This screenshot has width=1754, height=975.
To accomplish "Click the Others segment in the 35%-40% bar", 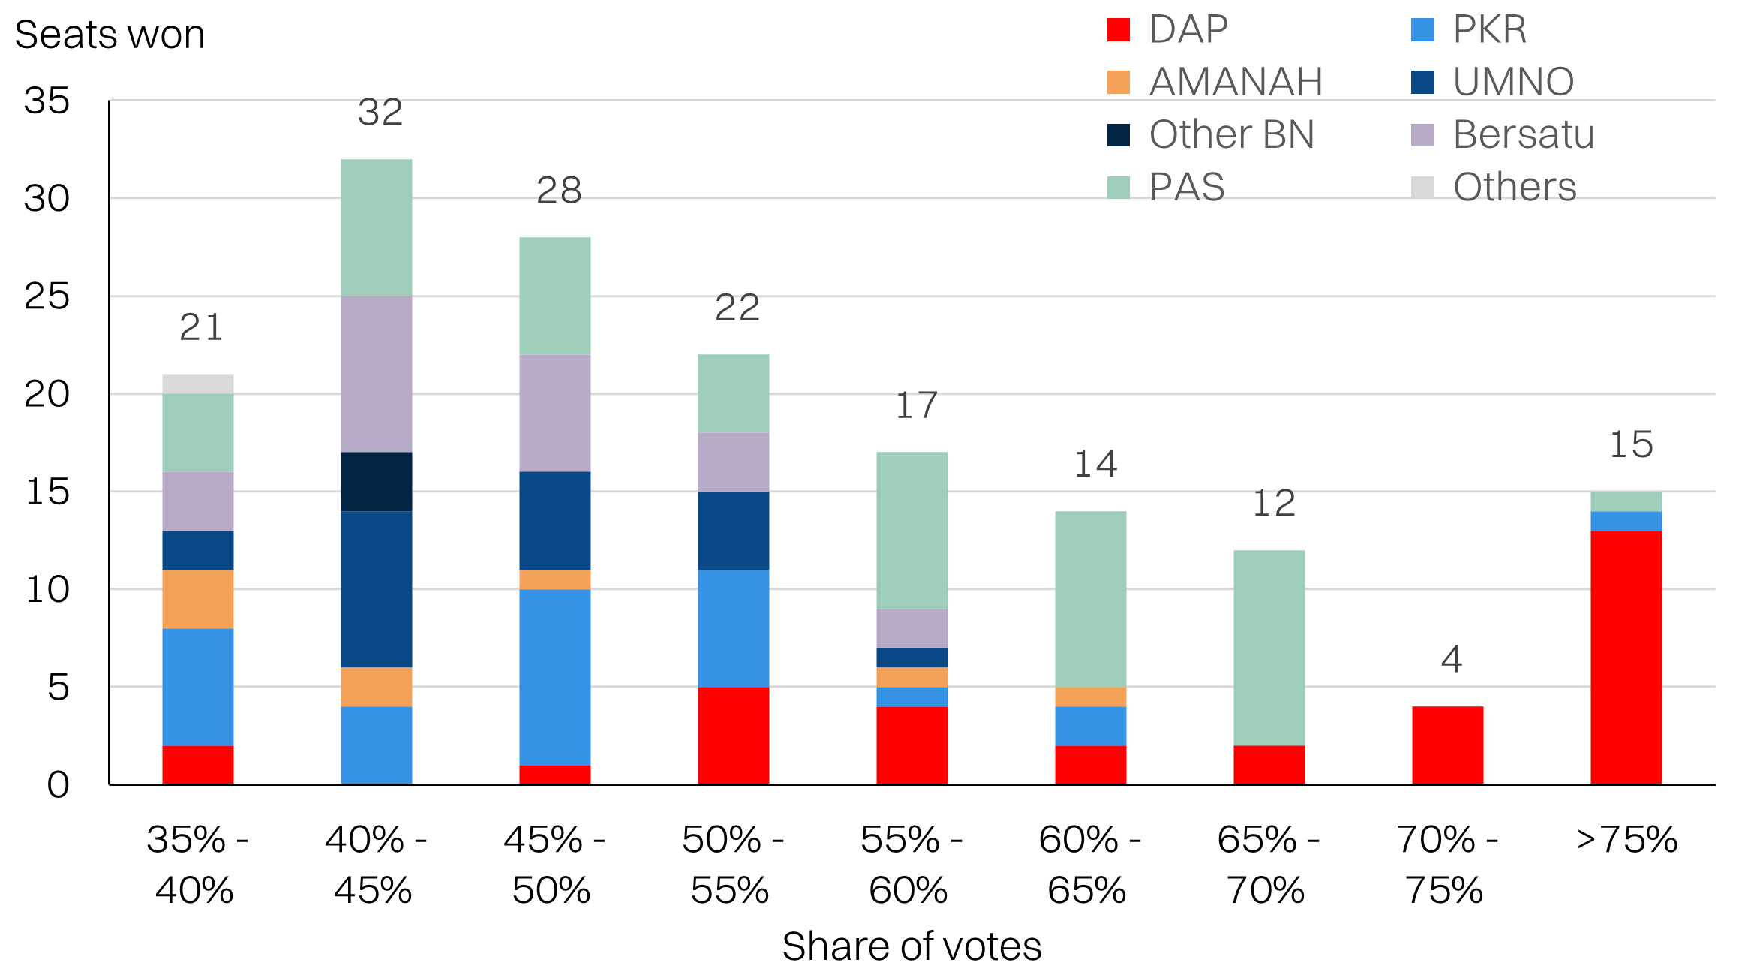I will pos(197,384).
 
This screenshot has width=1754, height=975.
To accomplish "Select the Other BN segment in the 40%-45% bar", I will pos(376,481).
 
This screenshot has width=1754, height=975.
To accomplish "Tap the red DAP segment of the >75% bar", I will pos(1626,658).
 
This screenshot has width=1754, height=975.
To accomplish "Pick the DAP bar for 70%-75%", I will pos(1447,745).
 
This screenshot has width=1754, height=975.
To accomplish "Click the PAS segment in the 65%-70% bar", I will pos(1269,647).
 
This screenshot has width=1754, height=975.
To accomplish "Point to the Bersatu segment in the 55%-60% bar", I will pos(912,628).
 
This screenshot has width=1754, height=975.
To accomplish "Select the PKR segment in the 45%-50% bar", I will pos(554,677).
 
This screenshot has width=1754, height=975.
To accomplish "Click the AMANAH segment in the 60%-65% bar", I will pos(1090,697).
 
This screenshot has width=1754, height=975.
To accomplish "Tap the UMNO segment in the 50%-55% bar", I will pos(733,531).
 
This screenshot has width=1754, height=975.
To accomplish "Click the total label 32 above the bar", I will pos(380,113).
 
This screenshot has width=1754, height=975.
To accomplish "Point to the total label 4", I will pos(1451,660).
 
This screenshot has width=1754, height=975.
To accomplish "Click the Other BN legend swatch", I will pos(1118,135).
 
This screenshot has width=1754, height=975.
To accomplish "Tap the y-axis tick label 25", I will pos(47,296).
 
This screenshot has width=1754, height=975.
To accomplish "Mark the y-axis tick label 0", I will pos(58,785).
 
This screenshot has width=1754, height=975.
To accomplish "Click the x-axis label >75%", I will pos(1626,839).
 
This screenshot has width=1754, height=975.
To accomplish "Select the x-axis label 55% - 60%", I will pos(911,865).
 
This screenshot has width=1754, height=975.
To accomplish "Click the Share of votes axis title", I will pos(912,946).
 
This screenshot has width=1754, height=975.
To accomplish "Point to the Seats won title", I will pos(110,35).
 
